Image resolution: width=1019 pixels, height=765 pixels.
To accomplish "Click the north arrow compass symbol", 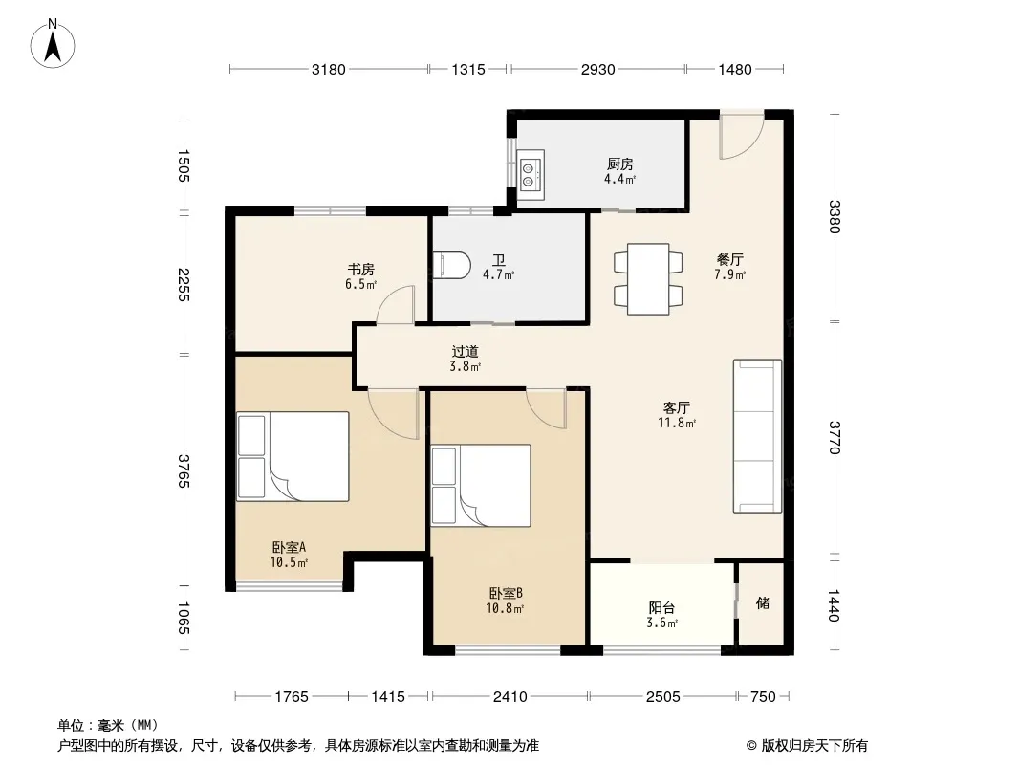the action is click(53, 44).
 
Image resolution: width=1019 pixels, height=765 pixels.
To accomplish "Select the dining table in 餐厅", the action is click(648, 279).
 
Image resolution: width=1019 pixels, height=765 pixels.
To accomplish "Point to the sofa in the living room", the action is click(757, 435).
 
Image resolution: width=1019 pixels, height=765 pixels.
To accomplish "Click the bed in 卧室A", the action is click(293, 456).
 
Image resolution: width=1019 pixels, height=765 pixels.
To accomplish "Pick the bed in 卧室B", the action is click(481, 486).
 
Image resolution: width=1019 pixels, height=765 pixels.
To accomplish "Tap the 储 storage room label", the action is click(762, 603).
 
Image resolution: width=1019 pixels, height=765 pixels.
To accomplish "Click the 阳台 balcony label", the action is click(661, 608).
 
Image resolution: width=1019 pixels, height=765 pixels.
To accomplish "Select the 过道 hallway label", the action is click(465, 352).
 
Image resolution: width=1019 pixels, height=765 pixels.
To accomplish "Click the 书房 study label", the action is click(360, 269).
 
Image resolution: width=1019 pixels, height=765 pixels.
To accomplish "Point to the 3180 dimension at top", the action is click(328, 70).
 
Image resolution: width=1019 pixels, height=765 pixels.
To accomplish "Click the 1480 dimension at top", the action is click(734, 70).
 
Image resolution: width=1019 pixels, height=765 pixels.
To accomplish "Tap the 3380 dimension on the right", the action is click(835, 216).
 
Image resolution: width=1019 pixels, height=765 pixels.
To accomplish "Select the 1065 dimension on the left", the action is click(184, 618).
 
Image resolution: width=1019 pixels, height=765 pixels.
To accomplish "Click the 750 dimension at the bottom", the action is click(763, 697).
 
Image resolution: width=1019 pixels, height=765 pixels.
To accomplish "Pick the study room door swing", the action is click(395, 304).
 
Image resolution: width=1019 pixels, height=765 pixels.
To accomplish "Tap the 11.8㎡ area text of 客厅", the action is click(677, 423).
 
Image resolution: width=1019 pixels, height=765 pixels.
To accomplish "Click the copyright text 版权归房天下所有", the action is click(814, 746).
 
